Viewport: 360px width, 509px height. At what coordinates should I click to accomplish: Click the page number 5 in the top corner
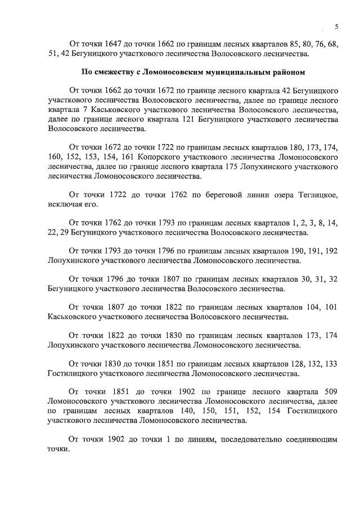336,26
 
